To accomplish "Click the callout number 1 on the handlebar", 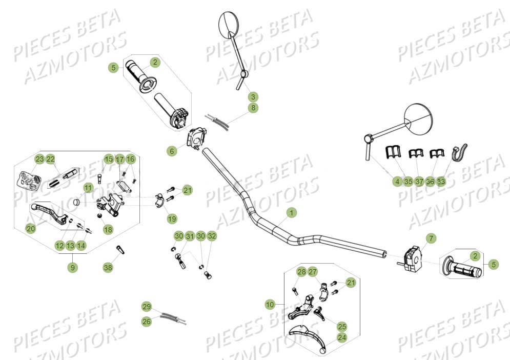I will pyautogui.click(x=291, y=212).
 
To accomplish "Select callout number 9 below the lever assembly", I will pyautogui.click(x=73, y=267).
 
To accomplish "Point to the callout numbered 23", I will pyautogui.click(x=39, y=159).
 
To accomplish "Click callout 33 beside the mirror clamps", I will pyautogui.click(x=441, y=181).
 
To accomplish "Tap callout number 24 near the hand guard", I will pyautogui.click(x=341, y=337).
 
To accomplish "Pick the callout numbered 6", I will pyautogui.click(x=172, y=151).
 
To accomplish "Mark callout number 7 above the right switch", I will pyautogui.click(x=431, y=238).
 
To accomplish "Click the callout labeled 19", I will pyautogui.click(x=172, y=219).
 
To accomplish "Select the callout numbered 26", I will pyautogui.click(x=147, y=322).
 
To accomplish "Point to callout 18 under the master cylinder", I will pyautogui.click(x=108, y=230).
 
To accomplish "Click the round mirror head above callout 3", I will pyautogui.click(x=226, y=24).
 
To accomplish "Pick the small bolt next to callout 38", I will pyautogui.click(x=121, y=249).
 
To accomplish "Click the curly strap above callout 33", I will pyautogui.click(x=456, y=153).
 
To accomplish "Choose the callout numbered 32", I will pyautogui.click(x=212, y=236).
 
